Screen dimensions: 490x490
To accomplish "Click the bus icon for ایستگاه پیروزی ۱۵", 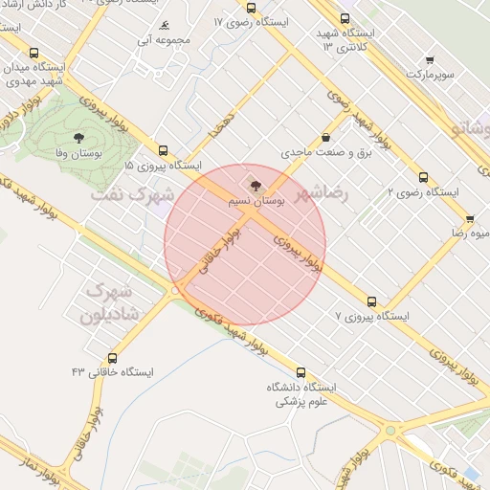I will click(163, 150).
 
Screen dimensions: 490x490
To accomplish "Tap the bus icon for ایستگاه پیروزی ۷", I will click(372, 301).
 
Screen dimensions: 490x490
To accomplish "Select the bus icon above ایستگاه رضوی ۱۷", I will click(251, 6).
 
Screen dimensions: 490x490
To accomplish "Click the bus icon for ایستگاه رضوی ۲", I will click(423, 177).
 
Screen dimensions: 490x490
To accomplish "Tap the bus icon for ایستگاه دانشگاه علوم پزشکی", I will click(301, 373).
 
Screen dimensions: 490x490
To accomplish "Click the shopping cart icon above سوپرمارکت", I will click(430, 59).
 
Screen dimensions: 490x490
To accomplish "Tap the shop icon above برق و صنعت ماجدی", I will click(326, 137).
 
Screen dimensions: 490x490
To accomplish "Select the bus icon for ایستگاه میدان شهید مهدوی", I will click(35, 54).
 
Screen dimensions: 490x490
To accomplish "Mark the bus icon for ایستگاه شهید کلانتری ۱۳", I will click(345, 18).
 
